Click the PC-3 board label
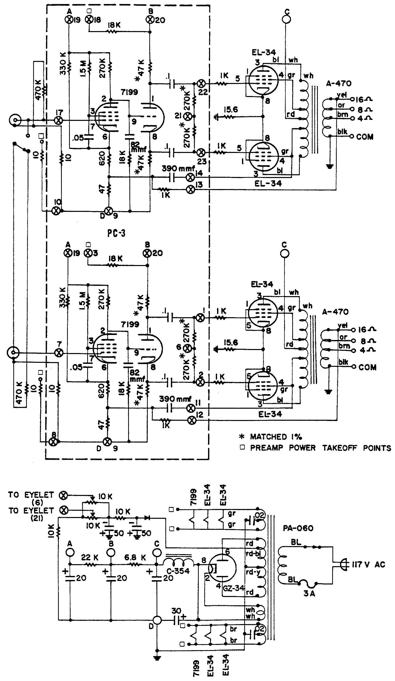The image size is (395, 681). coord(116,233)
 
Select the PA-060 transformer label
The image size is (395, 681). coord(298,528)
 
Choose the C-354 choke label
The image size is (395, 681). coord(178,571)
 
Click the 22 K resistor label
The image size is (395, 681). coord(90,557)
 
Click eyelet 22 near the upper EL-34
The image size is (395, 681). coord(201,83)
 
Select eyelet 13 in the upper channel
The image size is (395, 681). coord(191,190)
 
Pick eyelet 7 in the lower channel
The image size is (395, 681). coord(59,352)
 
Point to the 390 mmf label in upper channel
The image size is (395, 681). coord(178,169)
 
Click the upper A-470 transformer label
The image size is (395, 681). coord(338,83)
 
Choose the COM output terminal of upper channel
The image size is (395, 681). coord(352,137)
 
